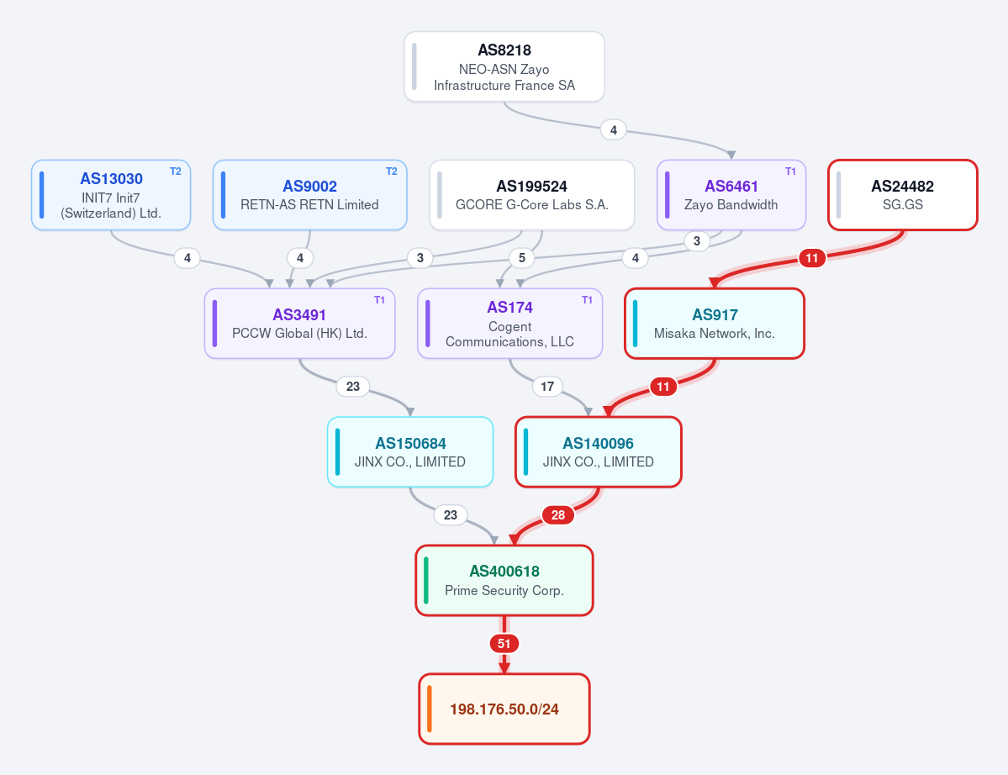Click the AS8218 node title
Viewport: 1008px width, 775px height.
[x=504, y=50]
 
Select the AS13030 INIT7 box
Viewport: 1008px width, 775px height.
[x=111, y=195]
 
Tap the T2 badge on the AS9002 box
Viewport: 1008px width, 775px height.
[x=392, y=171]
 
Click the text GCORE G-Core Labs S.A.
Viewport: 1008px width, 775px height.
[x=531, y=205]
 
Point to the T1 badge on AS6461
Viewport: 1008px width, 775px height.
[x=791, y=171]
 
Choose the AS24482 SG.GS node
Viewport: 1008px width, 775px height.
[x=903, y=195]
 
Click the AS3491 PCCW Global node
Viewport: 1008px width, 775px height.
[x=299, y=324]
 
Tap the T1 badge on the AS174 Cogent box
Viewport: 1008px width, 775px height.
[x=587, y=300]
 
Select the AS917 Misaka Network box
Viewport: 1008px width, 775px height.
[x=715, y=324]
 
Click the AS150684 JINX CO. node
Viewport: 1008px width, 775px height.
[x=410, y=451]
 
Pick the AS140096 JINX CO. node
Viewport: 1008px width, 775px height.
[x=599, y=451]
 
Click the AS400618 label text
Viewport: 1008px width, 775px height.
[x=504, y=572]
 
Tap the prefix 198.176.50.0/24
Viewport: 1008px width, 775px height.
[x=504, y=709]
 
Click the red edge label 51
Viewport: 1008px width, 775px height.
[x=504, y=644]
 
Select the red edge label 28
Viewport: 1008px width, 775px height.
[x=558, y=514]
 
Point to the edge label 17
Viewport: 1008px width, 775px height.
[x=547, y=386]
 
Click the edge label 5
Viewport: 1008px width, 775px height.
[x=522, y=258]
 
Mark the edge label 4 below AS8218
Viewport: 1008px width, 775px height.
[x=613, y=130]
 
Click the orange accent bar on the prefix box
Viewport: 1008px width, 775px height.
[x=430, y=709]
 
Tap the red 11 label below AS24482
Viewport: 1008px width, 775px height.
[x=812, y=258]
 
